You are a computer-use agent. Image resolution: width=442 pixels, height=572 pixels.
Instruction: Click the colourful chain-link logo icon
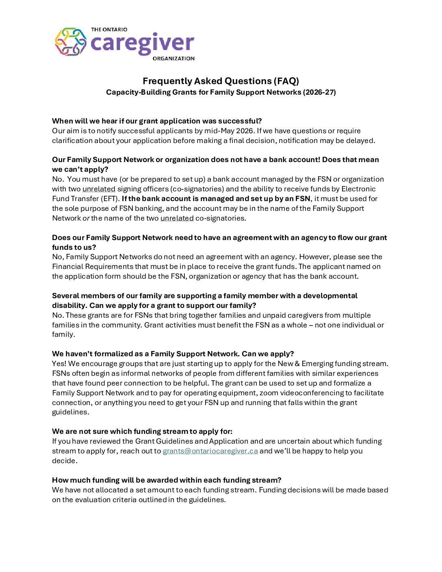tap(71, 42)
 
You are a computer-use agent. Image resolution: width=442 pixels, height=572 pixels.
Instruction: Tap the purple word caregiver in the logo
tap(142, 43)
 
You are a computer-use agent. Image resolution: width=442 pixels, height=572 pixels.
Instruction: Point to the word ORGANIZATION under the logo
tap(173, 58)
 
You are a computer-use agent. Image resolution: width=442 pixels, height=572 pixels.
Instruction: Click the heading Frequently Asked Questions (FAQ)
tap(221, 81)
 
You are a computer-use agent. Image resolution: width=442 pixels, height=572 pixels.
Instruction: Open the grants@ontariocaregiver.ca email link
tap(210, 451)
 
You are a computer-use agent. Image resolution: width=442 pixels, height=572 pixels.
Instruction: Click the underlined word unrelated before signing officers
tap(99, 189)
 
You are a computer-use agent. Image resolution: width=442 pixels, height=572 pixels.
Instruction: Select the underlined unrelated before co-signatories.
tap(177, 218)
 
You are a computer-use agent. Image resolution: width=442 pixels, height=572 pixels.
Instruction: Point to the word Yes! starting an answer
tap(59, 364)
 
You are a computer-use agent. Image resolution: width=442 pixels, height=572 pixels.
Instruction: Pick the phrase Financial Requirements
tap(92, 266)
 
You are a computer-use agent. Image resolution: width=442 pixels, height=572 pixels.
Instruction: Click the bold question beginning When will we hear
tap(157, 121)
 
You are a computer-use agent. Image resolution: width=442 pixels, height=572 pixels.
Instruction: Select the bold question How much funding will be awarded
tap(167, 480)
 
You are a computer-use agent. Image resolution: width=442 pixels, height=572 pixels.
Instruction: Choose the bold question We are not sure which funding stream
tap(142, 431)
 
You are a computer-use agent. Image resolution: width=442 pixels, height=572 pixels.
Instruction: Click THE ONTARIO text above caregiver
tap(109, 30)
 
